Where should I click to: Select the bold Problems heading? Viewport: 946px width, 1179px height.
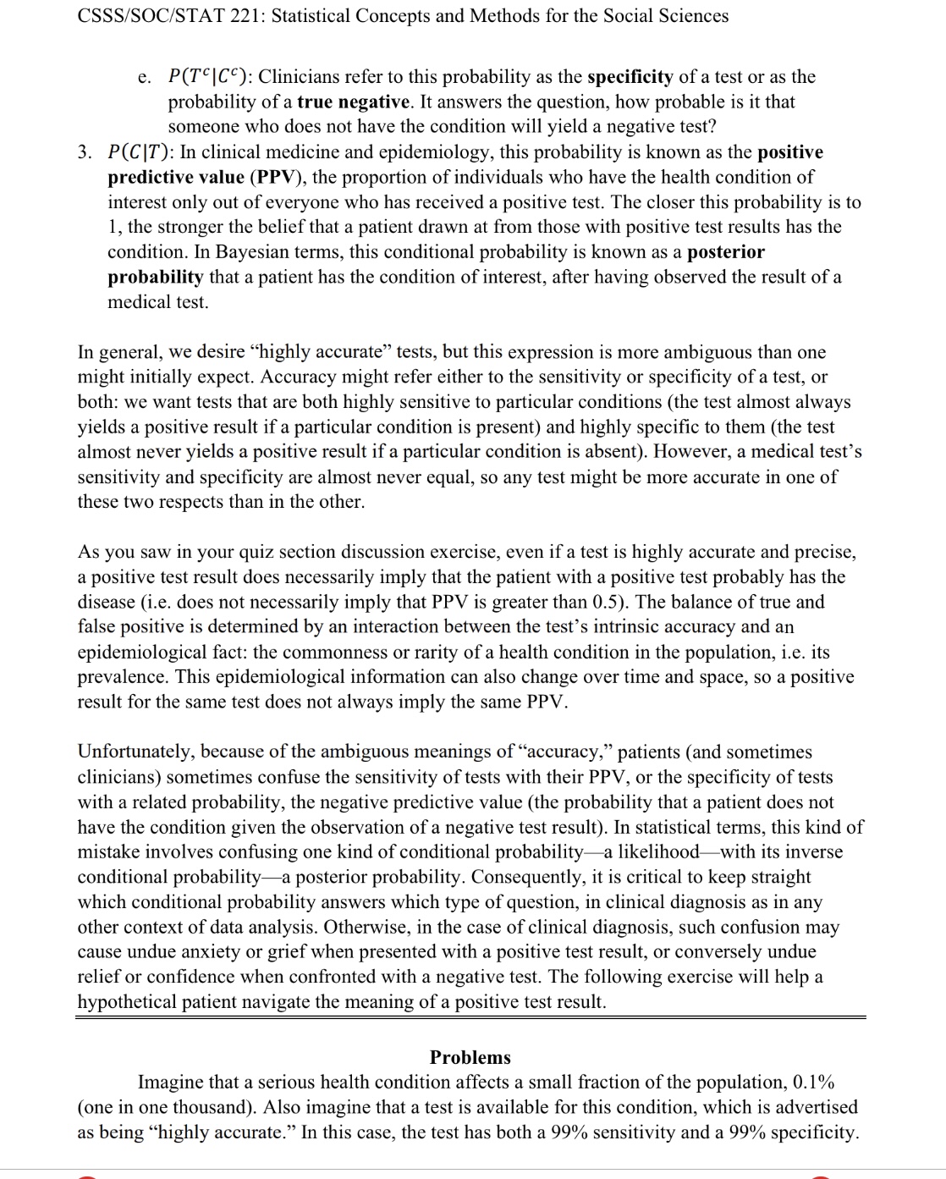tap(470, 1057)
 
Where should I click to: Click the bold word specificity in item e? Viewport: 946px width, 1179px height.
tap(630, 77)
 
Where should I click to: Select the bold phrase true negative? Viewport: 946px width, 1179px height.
tap(353, 102)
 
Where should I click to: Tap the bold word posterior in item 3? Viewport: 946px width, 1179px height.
tap(725, 252)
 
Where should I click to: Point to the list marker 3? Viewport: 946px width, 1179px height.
tap(85, 152)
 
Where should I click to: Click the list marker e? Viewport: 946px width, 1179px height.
tap(144, 78)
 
